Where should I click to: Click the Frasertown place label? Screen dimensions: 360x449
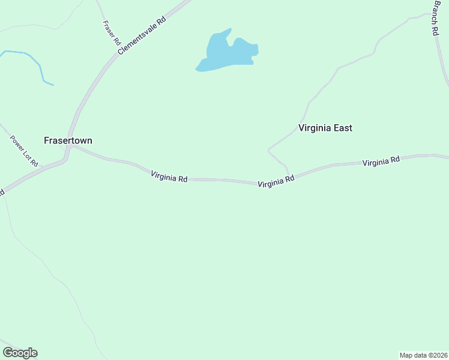click(68, 140)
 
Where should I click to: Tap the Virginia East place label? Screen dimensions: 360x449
click(325, 128)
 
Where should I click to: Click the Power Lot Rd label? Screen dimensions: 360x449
click(24, 151)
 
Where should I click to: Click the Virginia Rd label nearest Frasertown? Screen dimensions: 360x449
click(169, 177)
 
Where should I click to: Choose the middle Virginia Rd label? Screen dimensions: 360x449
click(276, 181)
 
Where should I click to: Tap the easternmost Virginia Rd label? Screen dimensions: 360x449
click(381, 161)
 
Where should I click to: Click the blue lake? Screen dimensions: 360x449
click(231, 54)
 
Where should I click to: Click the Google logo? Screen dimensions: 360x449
click(20, 353)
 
